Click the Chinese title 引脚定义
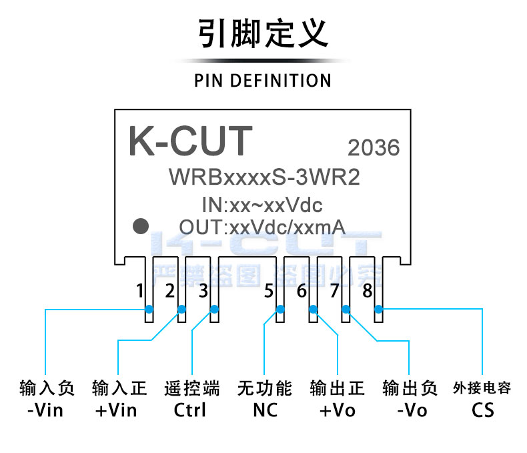(263, 33)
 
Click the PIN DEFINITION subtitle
(263, 81)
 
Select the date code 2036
(374, 147)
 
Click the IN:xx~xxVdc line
(261, 203)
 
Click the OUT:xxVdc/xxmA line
(261, 226)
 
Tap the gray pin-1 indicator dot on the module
(140, 225)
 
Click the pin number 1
(139, 291)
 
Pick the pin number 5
(269, 291)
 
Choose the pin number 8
(367, 291)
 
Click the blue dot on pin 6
(313, 309)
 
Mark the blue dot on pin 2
(181, 309)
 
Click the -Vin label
(46, 410)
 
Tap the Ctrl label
(190, 410)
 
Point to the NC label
(264, 410)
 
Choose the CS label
(482, 410)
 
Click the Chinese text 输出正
(338, 388)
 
